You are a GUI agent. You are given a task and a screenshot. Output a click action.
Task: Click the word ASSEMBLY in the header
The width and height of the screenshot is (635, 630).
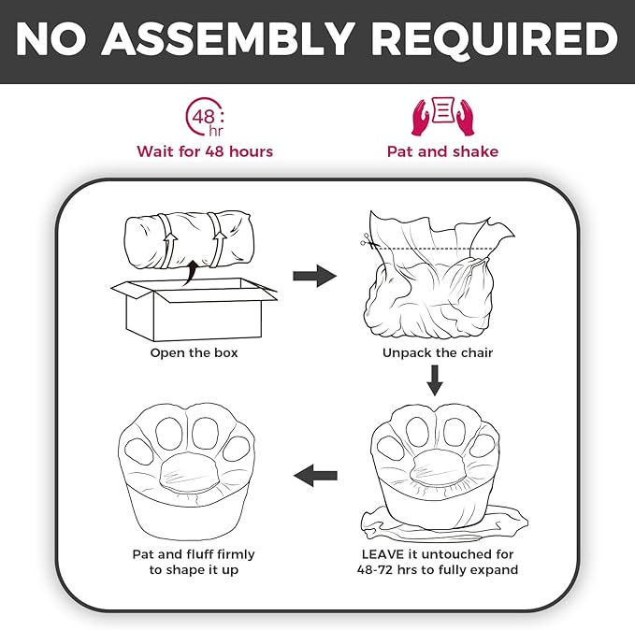tap(227, 39)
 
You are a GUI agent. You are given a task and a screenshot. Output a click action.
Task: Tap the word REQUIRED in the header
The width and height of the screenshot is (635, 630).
tap(495, 39)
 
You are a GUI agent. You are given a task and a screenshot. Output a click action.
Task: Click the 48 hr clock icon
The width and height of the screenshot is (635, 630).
tap(205, 117)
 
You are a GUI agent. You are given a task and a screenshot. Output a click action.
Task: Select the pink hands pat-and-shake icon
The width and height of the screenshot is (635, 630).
tap(442, 116)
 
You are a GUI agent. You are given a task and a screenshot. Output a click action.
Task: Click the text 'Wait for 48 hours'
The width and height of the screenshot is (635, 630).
tap(205, 151)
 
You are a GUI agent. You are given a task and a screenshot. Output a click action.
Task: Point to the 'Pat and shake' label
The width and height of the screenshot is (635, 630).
tap(442, 151)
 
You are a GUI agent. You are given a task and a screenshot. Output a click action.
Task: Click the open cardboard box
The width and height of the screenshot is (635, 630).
tap(194, 309)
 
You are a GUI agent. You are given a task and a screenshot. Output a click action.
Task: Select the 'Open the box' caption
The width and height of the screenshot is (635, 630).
tap(194, 352)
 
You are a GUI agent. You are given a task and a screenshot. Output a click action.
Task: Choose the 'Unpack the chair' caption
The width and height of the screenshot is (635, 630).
tap(438, 352)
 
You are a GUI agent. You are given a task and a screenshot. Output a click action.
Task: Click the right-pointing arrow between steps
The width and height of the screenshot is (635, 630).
tap(314, 276)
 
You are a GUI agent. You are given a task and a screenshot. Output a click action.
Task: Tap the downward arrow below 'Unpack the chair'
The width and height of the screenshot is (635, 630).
tap(435, 380)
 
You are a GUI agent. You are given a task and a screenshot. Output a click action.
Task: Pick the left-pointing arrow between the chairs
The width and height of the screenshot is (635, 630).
tap(315, 476)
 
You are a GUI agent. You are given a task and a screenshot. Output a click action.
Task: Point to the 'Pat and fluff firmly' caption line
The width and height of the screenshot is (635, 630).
tap(194, 554)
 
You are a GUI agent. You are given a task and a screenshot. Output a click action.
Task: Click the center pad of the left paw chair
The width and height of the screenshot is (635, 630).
tap(189, 470)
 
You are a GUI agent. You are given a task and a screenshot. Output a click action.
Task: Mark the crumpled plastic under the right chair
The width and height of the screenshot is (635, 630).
tap(444, 524)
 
